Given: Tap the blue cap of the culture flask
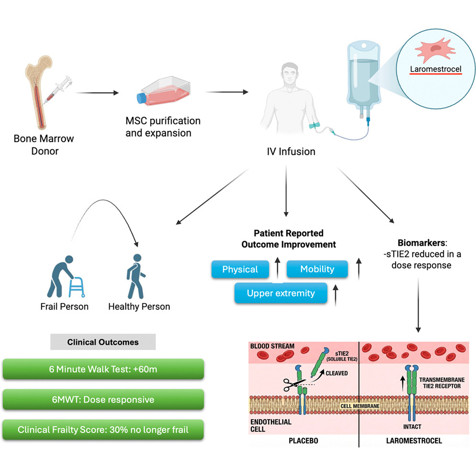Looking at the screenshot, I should (x=142, y=98).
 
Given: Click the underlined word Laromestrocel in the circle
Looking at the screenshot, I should (x=436, y=69).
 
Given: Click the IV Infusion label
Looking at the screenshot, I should (x=291, y=152).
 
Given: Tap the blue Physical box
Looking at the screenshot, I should (x=240, y=270).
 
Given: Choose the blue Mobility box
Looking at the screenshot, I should (x=317, y=270).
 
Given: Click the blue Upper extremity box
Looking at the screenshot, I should (x=281, y=293).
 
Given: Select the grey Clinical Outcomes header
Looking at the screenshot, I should (x=103, y=342).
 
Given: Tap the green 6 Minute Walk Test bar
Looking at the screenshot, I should (x=103, y=369).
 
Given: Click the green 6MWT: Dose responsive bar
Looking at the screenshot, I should (x=103, y=400).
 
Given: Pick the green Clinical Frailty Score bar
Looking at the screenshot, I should (x=103, y=430).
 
